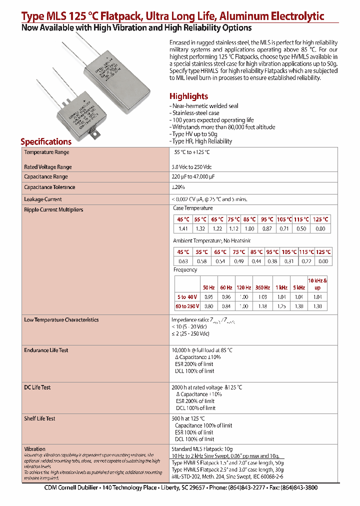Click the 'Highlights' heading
click(x=188, y=96)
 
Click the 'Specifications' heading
click(x=46, y=141)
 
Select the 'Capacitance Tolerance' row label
click(x=49, y=187)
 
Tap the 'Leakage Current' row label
click(x=43, y=199)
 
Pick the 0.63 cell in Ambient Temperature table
click(x=183, y=261)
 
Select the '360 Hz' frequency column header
click(x=262, y=287)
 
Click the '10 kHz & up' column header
click(x=317, y=284)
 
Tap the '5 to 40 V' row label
click(x=187, y=297)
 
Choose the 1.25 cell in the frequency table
click(x=281, y=306)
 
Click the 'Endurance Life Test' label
click(x=46, y=350)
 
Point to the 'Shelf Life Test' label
click(x=39, y=418)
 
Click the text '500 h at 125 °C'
click(x=188, y=418)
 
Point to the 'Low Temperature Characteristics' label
click(x=61, y=320)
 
